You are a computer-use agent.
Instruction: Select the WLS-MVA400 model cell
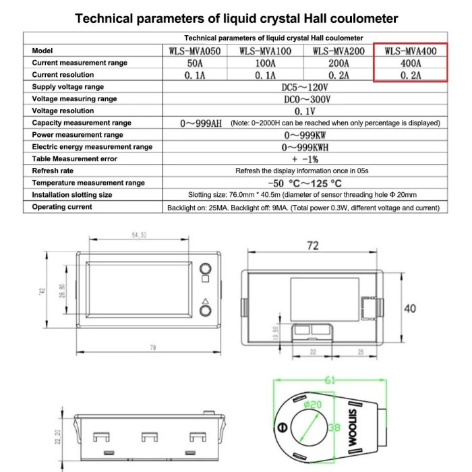pos(410,51)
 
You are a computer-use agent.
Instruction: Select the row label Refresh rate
pos(54,171)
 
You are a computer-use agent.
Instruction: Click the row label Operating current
pos(62,207)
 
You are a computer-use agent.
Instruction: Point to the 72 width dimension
pos(312,247)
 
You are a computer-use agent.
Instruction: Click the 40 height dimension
pos(410,307)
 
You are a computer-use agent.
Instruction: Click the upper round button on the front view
pos(205,266)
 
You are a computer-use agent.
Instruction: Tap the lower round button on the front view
pos(205,311)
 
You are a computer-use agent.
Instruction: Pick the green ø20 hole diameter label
pos(312,405)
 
